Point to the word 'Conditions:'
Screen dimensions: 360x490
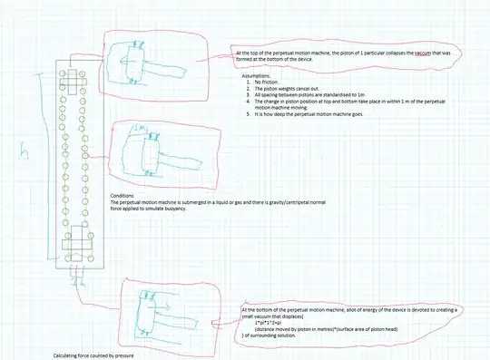[x=123, y=196]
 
